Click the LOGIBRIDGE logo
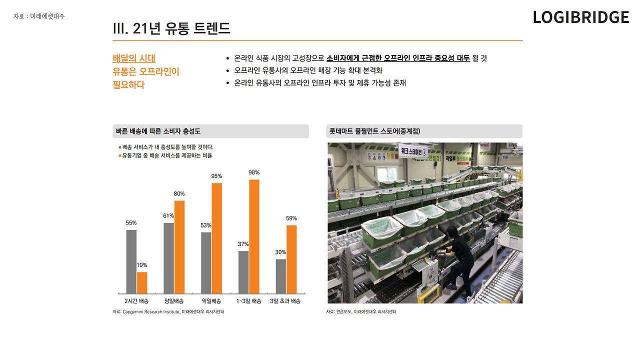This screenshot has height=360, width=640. click(x=580, y=17)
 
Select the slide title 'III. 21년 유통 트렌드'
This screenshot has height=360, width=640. click(x=171, y=28)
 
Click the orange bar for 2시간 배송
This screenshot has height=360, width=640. click(x=142, y=282)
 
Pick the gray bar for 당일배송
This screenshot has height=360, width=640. click(x=168, y=258)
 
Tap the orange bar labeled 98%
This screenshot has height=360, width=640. click(x=254, y=236)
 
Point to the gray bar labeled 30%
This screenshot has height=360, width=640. click(x=281, y=276)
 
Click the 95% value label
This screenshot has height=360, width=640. click(x=216, y=176)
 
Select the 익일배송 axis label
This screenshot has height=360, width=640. click(x=211, y=301)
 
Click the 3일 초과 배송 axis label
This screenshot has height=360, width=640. click(x=285, y=301)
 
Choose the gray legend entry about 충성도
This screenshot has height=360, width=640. click(x=166, y=147)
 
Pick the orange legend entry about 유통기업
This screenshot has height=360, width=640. click(x=165, y=155)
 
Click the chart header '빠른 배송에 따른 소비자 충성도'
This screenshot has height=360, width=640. click(x=158, y=131)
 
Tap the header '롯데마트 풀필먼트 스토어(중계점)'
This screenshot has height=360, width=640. click(x=374, y=131)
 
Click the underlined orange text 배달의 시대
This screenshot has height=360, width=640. click(x=134, y=58)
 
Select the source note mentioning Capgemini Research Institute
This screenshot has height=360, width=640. click(x=168, y=311)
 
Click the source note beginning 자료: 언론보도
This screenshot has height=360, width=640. click(x=361, y=311)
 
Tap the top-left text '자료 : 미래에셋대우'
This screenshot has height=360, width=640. click(x=39, y=16)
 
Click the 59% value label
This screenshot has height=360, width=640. click(x=291, y=218)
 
